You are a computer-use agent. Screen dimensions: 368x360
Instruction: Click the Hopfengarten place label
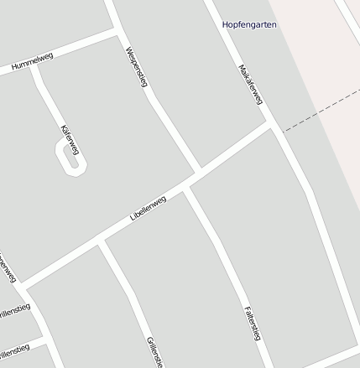click(249, 25)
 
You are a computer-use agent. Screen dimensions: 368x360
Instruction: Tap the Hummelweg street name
click(33, 61)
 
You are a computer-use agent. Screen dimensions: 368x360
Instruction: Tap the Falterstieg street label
click(253, 324)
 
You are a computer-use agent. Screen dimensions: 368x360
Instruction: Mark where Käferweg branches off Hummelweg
click(34, 66)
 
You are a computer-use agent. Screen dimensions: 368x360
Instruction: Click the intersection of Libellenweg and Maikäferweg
click(272, 125)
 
